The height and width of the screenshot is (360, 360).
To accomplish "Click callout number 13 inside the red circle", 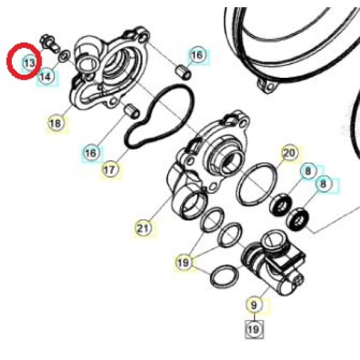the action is (x=29, y=63).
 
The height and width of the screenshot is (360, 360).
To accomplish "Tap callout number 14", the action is (x=46, y=77).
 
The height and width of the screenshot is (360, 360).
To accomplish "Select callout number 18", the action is (x=56, y=123).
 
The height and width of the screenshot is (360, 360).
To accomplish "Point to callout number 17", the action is (x=111, y=170).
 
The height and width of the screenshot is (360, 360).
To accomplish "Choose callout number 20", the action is (x=291, y=153).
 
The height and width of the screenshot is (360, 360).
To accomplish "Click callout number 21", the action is (x=144, y=228).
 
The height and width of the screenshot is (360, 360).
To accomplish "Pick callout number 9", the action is (x=254, y=305).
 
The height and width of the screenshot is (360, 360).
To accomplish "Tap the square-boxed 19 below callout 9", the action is (x=254, y=329).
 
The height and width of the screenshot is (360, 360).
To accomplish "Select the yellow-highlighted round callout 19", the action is (x=183, y=262).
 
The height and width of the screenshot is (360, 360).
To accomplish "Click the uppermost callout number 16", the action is (x=198, y=55).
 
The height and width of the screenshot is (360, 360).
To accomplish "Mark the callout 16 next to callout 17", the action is (x=92, y=153).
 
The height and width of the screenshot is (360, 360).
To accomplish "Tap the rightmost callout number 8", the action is (x=324, y=183).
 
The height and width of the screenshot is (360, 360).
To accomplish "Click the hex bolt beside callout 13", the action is (x=49, y=44).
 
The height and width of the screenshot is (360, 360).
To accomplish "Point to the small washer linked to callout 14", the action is (x=64, y=56).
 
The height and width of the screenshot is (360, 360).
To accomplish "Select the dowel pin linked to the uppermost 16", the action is (x=183, y=71).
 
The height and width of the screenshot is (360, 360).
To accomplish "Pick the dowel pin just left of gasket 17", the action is (x=132, y=111).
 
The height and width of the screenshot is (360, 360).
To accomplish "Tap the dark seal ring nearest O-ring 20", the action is (x=280, y=206).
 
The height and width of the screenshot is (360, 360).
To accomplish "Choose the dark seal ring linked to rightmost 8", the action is (x=298, y=219).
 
